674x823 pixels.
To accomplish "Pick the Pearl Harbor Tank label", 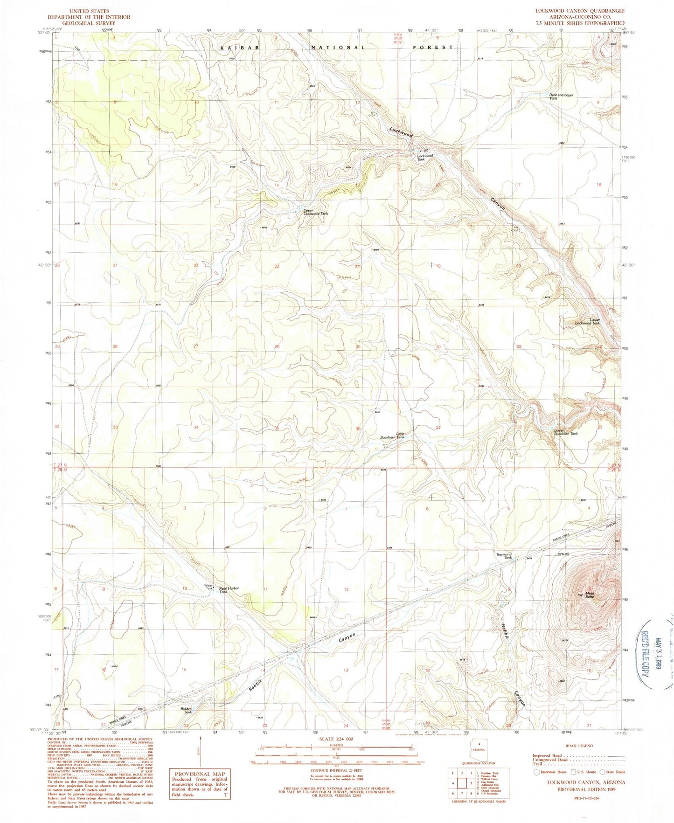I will coord(229,590).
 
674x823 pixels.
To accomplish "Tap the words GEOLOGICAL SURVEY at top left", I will coord(94,23).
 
